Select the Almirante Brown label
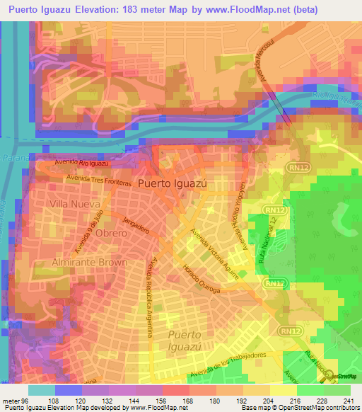pos(89,262)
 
